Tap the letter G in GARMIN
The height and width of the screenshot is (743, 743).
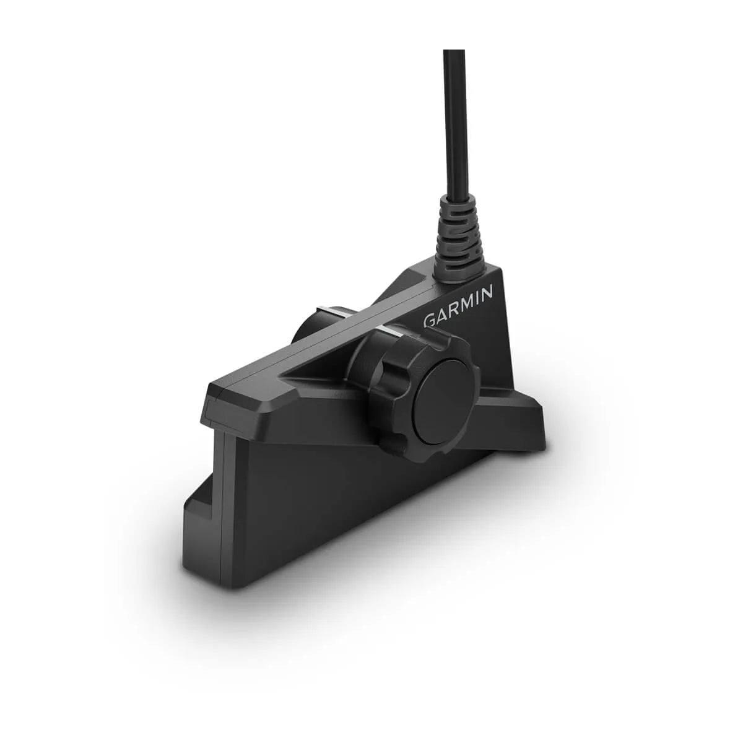429,321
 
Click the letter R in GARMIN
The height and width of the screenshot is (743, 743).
452,309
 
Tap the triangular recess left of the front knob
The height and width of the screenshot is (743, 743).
322,371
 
